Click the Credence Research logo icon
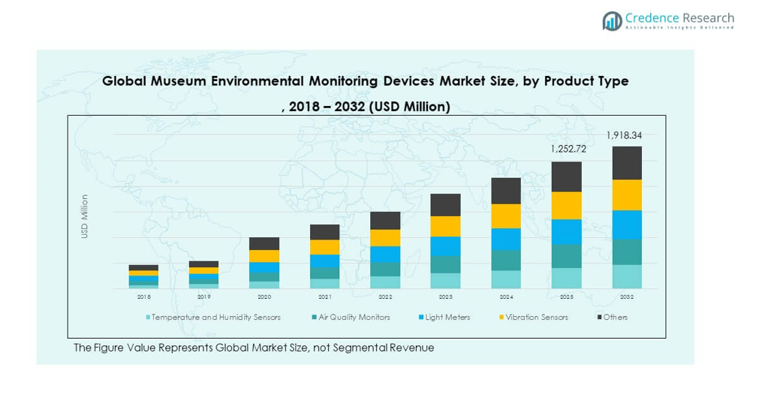coord(613,20)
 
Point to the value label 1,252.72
coord(568,149)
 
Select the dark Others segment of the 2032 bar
coord(627,163)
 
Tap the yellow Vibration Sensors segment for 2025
coord(567,206)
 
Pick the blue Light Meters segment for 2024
coord(506,239)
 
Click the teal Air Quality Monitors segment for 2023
coord(445,264)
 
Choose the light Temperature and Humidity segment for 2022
coord(385,282)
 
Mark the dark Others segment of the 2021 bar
coord(324,232)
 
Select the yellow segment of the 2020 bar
coord(264,256)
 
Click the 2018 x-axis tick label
coord(143,297)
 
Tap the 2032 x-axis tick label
coord(627,297)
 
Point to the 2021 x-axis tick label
coord(324,297)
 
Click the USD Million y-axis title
coord(85,217)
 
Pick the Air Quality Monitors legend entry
coord(354,318)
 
